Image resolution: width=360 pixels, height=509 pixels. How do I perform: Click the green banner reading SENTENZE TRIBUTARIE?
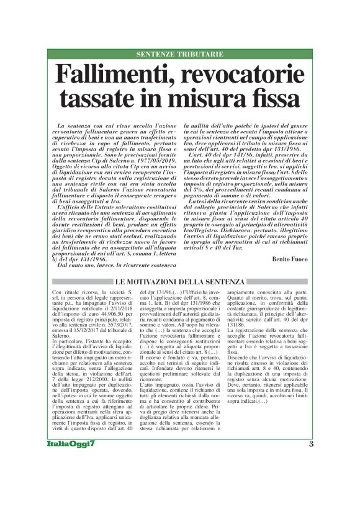(x=180, y=54)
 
